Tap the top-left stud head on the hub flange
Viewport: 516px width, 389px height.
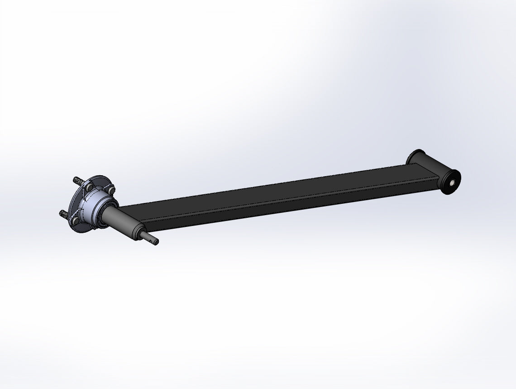tap(89, 187)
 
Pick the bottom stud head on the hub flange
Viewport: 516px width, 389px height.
tap(76, 221)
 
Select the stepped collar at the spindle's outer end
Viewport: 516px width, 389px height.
tap(138, 234)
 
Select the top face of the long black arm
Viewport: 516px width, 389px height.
tap(272, 190)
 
